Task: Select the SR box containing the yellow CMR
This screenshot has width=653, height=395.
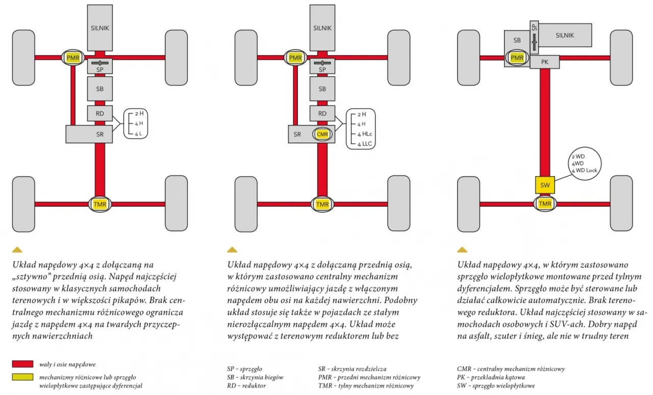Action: (x=298, y=134)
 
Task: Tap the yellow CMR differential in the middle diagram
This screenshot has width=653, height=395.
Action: (x=322, y=134)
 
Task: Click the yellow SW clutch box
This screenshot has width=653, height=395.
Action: (x=545, y=185)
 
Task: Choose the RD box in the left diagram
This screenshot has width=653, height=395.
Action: (x=99, y=113)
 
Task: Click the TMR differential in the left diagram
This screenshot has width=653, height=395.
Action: (x=99, y=204)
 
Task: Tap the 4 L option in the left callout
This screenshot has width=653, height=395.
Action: (x=138, y=134)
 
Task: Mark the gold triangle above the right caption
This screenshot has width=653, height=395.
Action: (x=462, y=250)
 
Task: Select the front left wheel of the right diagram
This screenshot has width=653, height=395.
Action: (x=468, y=58)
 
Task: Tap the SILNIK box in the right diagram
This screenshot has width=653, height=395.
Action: (x=565, y=36)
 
